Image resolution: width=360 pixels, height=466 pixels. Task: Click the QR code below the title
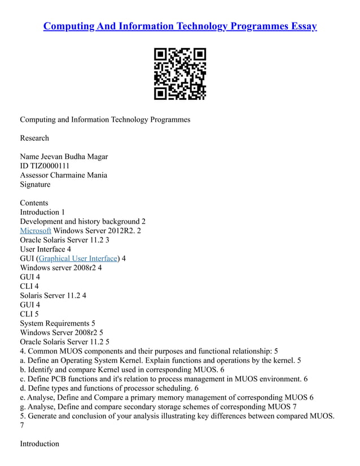(x=180, y=74)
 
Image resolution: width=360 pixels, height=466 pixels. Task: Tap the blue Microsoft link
(x=36, y=231)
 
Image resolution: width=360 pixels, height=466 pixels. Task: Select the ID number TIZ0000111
(x=50, y=166)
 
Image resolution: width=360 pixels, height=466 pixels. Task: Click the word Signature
(x=35, y=184)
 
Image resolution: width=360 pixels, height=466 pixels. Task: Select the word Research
(x=34, y=138)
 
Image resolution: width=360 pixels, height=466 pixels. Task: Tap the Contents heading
(x=34, y=203)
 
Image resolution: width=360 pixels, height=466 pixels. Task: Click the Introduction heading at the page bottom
(x=39, y=443)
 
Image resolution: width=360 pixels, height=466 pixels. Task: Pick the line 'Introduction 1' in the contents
(x=42, y=212)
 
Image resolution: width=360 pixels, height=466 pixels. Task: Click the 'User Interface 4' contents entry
(x=45, y=249)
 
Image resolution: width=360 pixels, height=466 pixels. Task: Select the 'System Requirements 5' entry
(x=58, y=323)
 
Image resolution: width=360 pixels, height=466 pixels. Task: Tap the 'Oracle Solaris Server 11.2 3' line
(x=64, y=240)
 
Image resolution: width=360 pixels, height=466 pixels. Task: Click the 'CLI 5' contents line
(x=29, y=314)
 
